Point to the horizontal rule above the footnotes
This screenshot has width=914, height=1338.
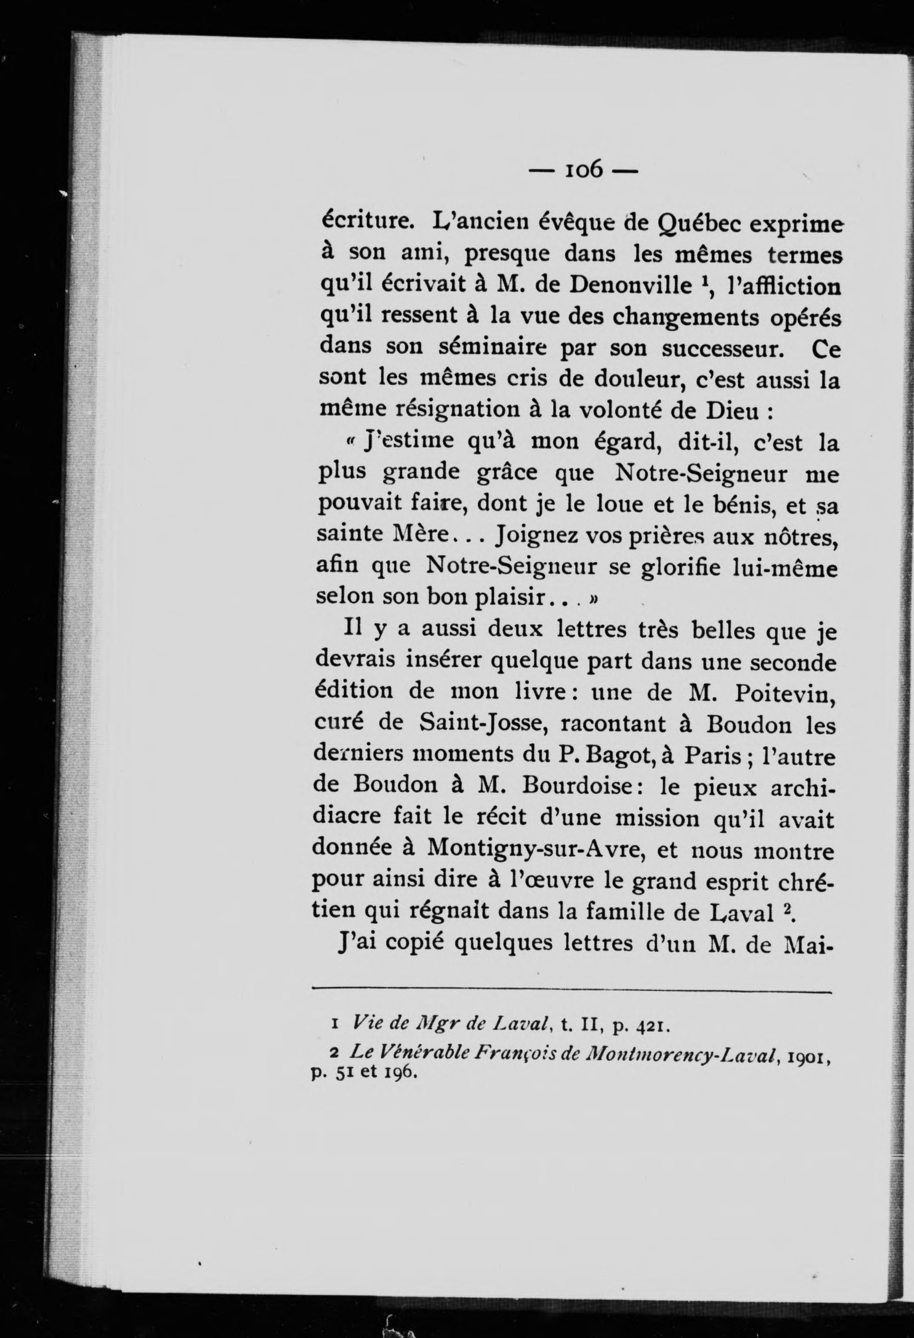(x=573, y=992)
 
